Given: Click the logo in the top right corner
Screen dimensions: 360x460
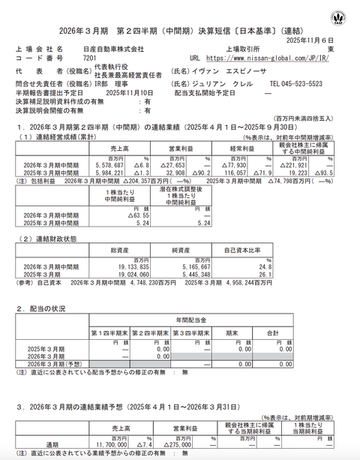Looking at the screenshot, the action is click(x=342, y=14).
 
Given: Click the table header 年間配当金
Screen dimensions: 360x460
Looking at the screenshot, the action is click(x=192, y=320).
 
